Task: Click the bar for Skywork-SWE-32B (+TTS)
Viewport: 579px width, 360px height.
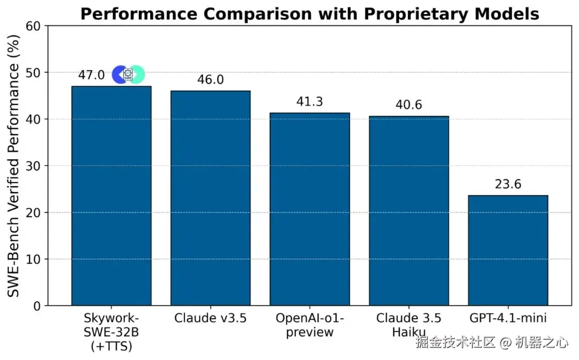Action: pyautogui.click(x=112, y=196)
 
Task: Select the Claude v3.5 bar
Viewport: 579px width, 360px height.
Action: pyautogui.click(x=210, y=199)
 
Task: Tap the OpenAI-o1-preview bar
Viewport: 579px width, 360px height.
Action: pyautogui.click(x=309, y=209)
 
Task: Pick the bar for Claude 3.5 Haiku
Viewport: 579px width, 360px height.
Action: pyautogui.click(x=409, y=211)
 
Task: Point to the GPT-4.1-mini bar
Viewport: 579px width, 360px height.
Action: pyautogui.click(x=508, y=251)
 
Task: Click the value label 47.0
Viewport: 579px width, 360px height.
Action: pyautogui.click(x=91, y=75)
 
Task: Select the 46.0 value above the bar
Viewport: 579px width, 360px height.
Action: pyautogui.click(x=210, y=80)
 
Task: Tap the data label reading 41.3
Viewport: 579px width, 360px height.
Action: pyautogui.click(x=309, y=102)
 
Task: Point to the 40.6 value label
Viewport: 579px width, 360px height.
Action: pyautogui.click(x=409, y=105)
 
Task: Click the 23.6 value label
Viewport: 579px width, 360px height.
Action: pyautogui.click(x=508, y=185)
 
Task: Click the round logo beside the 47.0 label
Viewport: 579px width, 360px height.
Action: pyautogui.click(x=128, y=75)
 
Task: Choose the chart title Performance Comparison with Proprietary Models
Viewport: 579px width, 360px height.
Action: pyautogui.click(x=309, y=14)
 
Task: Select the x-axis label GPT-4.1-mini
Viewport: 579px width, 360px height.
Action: pyautogui.click(x=508, y=318)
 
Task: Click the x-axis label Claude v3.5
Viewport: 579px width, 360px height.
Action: pyautogui.click(x=210, y=318)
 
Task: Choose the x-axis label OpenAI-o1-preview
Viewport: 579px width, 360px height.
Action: pyautogui.click(x=309, y=325)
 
